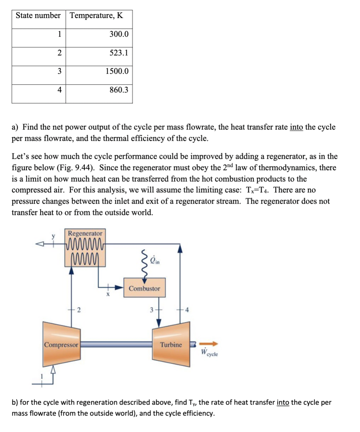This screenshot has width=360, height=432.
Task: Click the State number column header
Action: [x=38, y=16]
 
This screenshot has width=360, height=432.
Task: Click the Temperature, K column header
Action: [x=96, y=16]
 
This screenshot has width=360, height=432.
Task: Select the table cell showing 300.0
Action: [x=119, y=34]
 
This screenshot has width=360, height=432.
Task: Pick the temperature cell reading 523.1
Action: [x=119, y=53]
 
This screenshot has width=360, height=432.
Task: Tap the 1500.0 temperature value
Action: [x=117, y=71]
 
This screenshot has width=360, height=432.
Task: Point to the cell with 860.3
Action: [x=119, y=90]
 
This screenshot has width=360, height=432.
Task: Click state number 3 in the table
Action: [x=60, y=71]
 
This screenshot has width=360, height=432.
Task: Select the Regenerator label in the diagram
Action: [x=85, y=233]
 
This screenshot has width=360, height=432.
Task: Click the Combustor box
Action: [x=144, y=288]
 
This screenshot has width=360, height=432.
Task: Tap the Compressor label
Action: [x=61, y=345]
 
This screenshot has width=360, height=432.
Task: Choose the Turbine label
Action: [x=171, y=344]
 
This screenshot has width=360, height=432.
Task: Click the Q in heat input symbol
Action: [x=154, y=261]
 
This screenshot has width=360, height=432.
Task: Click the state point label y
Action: [x=54, y=236]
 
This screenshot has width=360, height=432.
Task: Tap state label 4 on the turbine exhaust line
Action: [x=187, y=310]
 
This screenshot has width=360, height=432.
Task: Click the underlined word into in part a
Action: [x=296, y=127]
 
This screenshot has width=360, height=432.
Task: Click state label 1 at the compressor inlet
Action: [x=42, y=377]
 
